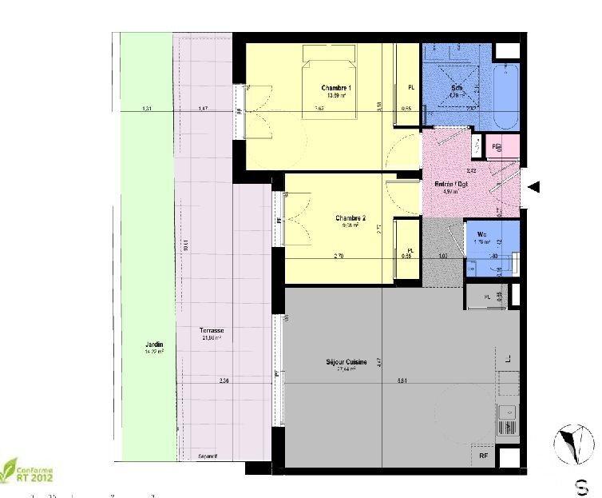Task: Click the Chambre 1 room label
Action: coord(337,87)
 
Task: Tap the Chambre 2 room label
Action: coord(351,218)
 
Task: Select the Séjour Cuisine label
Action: coord(346,363)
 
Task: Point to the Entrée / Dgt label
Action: coord(451,184)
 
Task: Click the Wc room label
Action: coord(482,233)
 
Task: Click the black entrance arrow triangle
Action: coord(535,187)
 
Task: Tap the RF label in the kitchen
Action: coord(484,456)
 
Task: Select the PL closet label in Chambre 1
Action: coord(410,87)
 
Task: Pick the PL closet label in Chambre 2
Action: coord(410,250)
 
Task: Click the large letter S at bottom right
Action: coord(584,485)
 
